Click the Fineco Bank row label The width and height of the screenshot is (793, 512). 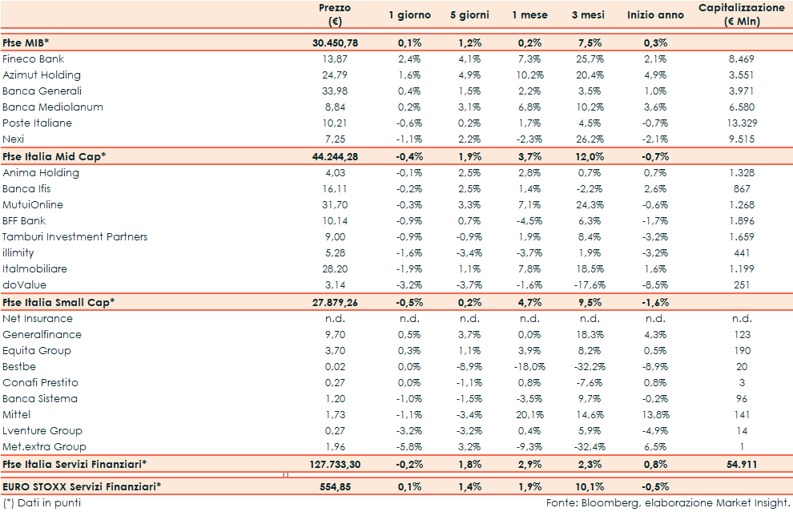[34, 59]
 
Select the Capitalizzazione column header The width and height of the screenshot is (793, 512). [741, 14]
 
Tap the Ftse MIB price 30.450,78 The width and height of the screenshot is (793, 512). [334, 42]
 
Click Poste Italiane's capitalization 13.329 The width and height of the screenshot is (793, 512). [741, 123]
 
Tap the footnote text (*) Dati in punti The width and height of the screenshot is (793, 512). [42, 503]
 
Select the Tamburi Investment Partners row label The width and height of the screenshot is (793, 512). [74, 237]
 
